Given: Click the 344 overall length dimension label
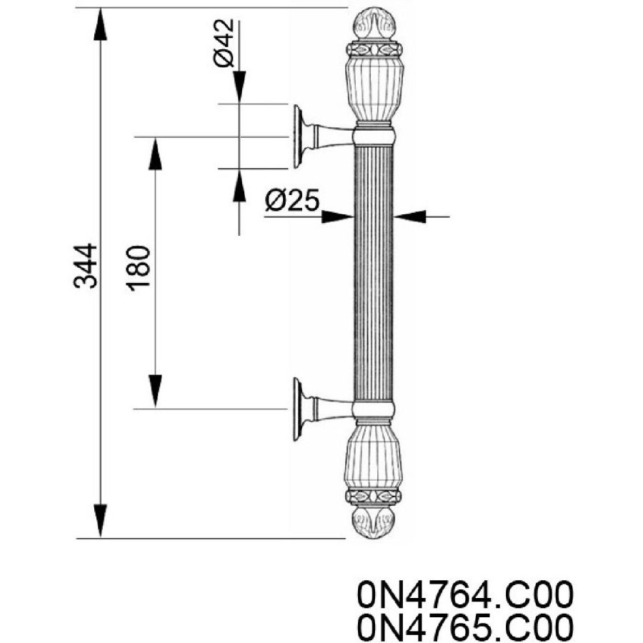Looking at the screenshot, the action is pyautogui.click(x=86, y=266).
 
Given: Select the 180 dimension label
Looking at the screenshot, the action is pyautogui.click(x=139, y=269).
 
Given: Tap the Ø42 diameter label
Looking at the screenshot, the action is pyautogui.click(x=224, y=43).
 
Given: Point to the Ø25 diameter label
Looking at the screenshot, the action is pyautogui.click(x=292, y=200).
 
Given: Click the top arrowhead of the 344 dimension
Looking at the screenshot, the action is pyautogui.click(x=100, y=24).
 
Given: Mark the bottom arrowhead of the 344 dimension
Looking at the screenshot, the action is pyautogui.click(x=100, y=521).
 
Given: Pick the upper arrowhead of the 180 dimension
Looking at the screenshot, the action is pyautogui.click(x=155, y=154).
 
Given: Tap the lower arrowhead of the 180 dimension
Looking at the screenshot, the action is pyautogui.click(x=155, y=392).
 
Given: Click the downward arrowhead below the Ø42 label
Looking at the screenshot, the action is pyautogui.click(x=239, y=87).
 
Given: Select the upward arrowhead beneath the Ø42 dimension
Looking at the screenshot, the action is pyautogui.click(x=239, y=185).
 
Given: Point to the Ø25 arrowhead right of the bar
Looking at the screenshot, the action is pyautogui.click(x=409, y=216).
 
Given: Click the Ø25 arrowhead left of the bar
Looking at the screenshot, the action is pyautogui.click(x=338, y=216).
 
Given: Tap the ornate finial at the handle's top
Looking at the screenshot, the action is pyautogui.click(x=375, y=24).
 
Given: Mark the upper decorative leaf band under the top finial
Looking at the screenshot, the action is pyautogui.click(x=374, y=49).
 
